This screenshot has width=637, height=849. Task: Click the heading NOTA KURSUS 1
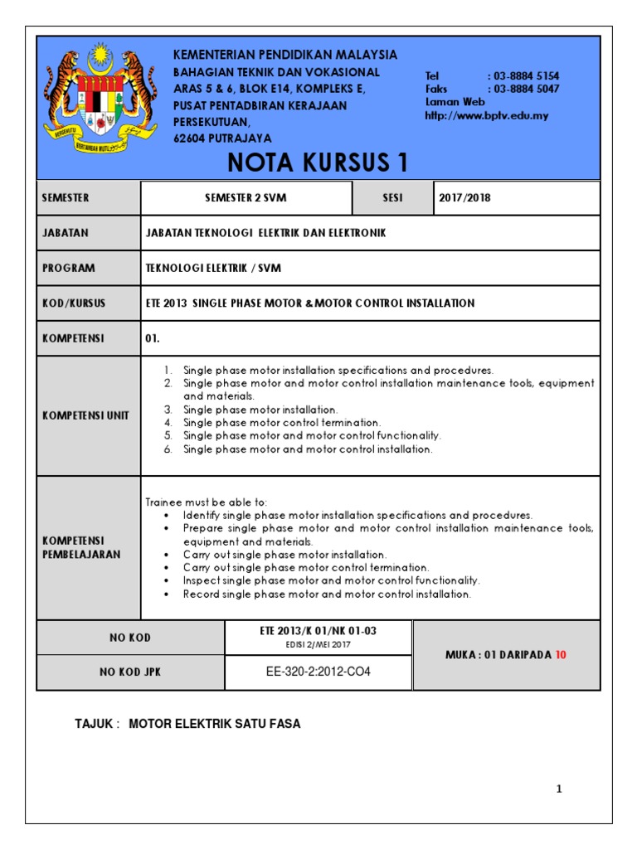coord(318,163)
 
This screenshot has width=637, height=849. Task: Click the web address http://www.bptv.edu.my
coord(486,115)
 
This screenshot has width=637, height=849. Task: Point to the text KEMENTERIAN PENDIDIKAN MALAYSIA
coord(284,55)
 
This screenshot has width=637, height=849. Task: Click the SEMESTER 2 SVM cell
coord(246,198)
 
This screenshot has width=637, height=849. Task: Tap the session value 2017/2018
coord(465,198)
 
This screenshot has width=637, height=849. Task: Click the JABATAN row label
coord(66,233)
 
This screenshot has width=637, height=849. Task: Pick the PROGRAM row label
coord(68,268)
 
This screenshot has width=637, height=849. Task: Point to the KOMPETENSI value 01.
coord(152,338)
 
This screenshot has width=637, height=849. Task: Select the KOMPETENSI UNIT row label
coord(85,415)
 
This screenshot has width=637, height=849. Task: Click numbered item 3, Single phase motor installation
coord(260,410)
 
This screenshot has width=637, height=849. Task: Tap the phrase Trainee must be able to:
coord(207,502)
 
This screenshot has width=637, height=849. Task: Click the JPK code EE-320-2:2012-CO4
coord(318,672)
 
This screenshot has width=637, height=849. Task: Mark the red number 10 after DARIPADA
coord(561,654)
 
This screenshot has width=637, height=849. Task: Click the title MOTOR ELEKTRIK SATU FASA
coord(215,724)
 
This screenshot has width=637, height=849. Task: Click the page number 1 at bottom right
coord(559,789)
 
